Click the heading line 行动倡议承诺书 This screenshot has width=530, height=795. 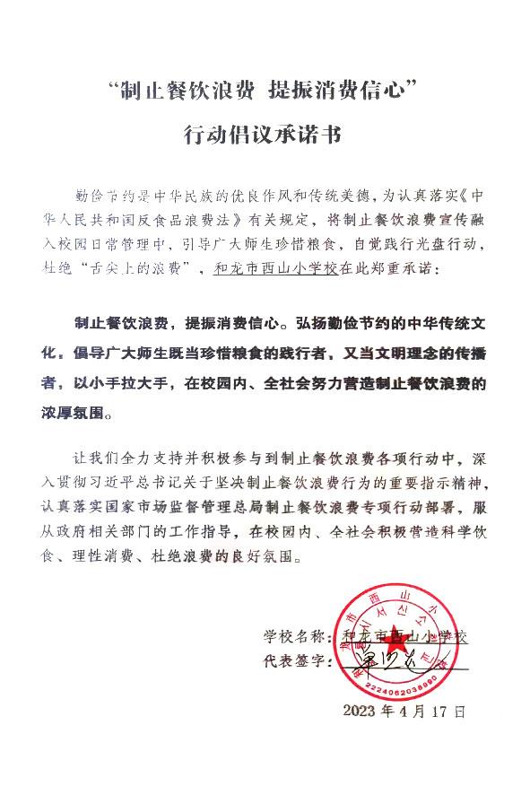tap(263, 135)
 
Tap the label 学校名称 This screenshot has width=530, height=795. tap(292, 637)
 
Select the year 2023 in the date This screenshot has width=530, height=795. tap(363, 712)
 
